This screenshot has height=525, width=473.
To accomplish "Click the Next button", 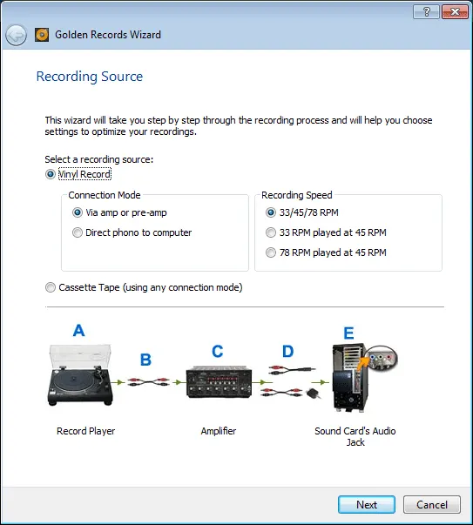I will (x=366, y=504).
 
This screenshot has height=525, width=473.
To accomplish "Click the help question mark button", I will (x=424, y=11).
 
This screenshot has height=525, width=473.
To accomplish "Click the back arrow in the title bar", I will (x=16, y=36).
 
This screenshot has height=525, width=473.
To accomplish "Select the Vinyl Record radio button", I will (x=51, y=174).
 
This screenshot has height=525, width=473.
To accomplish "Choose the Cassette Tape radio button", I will (x=51, y=287).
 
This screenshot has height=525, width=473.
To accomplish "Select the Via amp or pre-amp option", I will (x=78, y=212).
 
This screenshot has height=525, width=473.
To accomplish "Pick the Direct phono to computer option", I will (x=78, y=232).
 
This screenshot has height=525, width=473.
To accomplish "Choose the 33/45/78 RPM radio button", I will (x=271, y=212).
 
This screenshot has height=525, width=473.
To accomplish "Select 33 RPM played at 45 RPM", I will (x=271, y=232).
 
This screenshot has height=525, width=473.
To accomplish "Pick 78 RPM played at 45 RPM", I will (x=271, y=252).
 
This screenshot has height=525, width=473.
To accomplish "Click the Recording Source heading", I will (x=89, y=77).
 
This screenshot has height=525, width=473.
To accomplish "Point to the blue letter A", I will (x=79, y=331).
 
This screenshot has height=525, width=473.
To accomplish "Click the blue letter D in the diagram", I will (x=288, y=352).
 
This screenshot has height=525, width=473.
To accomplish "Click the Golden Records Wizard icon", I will (x=41, y=36).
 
